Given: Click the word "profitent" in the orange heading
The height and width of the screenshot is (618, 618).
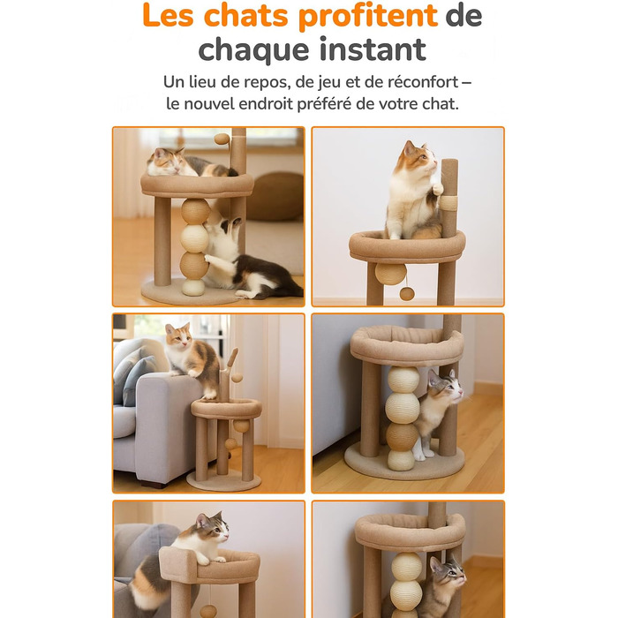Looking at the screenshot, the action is click(x=368, y=16).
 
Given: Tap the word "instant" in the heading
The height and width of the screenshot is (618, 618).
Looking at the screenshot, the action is click(x=373, y=49).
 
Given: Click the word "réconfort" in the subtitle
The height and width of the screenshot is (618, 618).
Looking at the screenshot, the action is click(x=423, y=82).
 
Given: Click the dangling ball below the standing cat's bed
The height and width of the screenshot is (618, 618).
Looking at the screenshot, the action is click(x=407, y=294).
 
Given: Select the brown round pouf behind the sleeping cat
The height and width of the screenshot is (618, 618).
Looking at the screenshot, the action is click(x=275, y=196).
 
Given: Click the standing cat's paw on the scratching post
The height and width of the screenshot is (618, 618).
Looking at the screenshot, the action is click(x=437, y=188).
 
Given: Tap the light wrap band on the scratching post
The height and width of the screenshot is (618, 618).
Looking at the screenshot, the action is click(x=448, y=202).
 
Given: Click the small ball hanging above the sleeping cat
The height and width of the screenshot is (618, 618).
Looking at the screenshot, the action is click(x=222, y=139).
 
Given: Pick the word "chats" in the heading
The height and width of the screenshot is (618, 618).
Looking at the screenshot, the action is click(x=246, y=16).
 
